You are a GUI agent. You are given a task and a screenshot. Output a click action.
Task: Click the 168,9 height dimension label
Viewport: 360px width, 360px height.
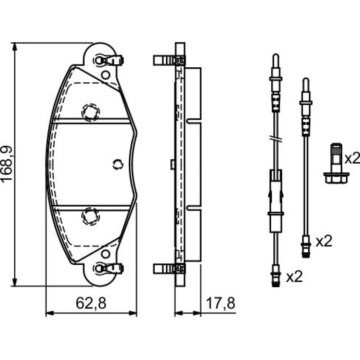(7, 164)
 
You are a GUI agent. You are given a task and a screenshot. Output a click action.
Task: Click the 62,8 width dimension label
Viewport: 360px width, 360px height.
(91, 303)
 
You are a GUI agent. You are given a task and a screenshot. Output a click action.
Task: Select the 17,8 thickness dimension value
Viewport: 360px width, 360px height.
(221, 303)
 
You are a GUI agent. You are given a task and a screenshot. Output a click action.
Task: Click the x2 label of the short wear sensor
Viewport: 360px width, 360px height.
(324, 241)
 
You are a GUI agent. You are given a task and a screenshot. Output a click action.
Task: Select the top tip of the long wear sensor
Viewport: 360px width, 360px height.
(276, 54)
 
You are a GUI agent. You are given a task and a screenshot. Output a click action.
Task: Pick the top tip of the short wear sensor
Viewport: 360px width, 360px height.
(306, 78)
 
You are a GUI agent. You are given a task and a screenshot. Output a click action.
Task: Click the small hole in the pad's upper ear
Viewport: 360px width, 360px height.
(105, 75)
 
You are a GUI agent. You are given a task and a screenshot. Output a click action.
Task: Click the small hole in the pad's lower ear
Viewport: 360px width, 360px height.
(105, 254)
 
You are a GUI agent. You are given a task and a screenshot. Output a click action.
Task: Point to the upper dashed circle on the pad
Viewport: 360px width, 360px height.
(91, 112)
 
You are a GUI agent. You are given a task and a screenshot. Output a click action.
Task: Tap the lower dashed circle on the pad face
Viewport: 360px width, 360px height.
(91, 216)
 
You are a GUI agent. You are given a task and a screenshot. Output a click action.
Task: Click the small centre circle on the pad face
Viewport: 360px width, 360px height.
(118, 165)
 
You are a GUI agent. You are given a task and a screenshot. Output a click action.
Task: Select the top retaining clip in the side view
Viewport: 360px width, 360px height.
(169, 60)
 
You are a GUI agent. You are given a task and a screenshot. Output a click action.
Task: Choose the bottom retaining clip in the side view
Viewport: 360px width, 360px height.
(169, 269)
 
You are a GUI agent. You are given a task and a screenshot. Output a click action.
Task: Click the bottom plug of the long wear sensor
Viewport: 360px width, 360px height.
(275, 276)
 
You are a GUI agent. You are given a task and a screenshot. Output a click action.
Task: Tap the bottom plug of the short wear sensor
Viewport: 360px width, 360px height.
(306, 247)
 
